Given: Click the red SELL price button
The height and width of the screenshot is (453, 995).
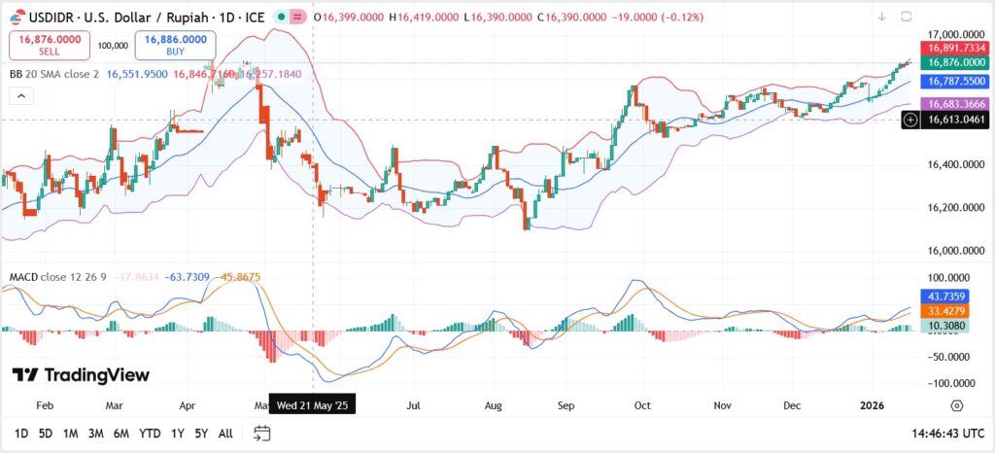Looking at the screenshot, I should tap(50, 45).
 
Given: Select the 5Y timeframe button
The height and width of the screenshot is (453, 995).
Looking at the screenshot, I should tap(200, 434).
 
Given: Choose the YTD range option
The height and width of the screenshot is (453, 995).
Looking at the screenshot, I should tap(150, 434).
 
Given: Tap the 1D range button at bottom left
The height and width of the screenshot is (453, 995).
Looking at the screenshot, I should tap(20, 434).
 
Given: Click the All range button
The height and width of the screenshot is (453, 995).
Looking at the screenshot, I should tap(224, 434).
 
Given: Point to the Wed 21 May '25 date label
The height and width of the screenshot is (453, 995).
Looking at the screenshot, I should tap(312, 404).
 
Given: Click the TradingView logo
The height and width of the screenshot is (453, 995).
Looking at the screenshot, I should tap(81, 375).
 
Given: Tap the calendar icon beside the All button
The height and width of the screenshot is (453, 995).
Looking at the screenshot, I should tap(261, 434).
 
